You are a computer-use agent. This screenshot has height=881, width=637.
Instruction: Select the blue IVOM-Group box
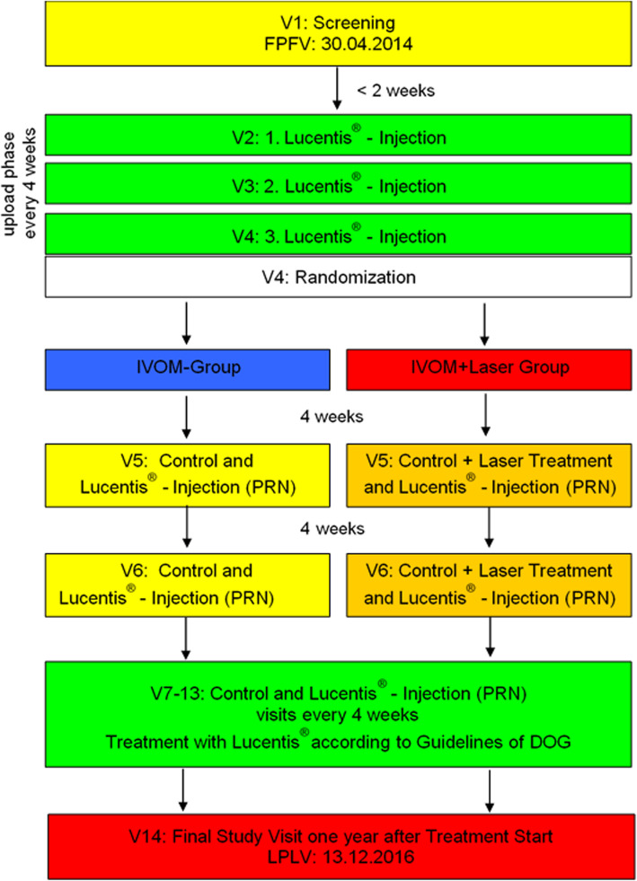pyautogui.click(x=187, y=366)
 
